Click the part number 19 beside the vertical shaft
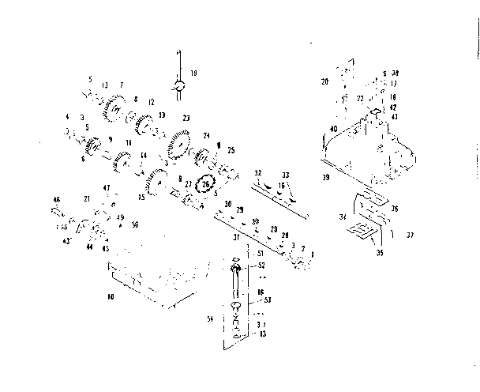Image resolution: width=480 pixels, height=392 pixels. pyautogui.click(x=194, y=73)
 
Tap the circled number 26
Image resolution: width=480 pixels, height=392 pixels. pyautogui.click(x=206, y=184)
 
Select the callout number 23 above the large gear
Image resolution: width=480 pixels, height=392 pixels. pyautogui.click(x=186, y=119)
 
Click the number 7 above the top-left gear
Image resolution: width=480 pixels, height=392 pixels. pyautogui.click(x=122, y=85)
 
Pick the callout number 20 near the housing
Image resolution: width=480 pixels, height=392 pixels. pyautogui.click(x=324, y=81)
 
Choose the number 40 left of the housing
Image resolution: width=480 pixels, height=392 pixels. pyautogui.click(x=334, y=129)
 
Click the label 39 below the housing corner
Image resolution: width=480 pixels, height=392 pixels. pyautogui.click(x=325, y=179)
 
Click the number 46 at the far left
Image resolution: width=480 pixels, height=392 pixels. pyautogui.click(x=56, y=198)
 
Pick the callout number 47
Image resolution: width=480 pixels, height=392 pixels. pyautogui.click(x=107, y=187)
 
